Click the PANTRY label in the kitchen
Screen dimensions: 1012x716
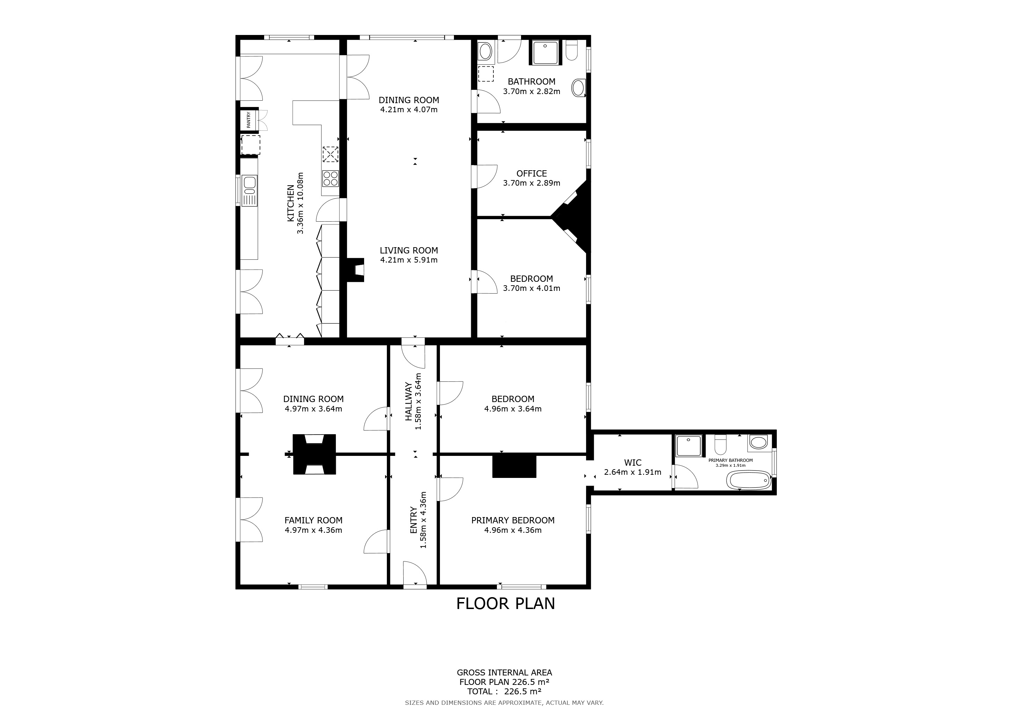248,120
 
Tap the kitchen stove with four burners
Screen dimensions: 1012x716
330,178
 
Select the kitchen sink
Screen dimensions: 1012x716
250,191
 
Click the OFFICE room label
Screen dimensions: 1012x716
532,174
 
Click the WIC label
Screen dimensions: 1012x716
632,463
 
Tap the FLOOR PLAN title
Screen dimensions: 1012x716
506,603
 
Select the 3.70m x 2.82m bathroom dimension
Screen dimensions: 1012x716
532,92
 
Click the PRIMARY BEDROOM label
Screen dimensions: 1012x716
513,520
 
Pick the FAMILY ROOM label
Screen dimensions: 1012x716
313,520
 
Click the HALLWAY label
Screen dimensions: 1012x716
409,401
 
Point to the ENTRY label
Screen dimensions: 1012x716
413,520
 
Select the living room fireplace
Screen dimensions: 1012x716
355,270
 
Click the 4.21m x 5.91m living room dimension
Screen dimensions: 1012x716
409,260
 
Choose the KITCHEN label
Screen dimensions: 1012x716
290,203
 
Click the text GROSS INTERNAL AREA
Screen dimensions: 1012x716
504,673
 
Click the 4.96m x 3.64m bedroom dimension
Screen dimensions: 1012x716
513,409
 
